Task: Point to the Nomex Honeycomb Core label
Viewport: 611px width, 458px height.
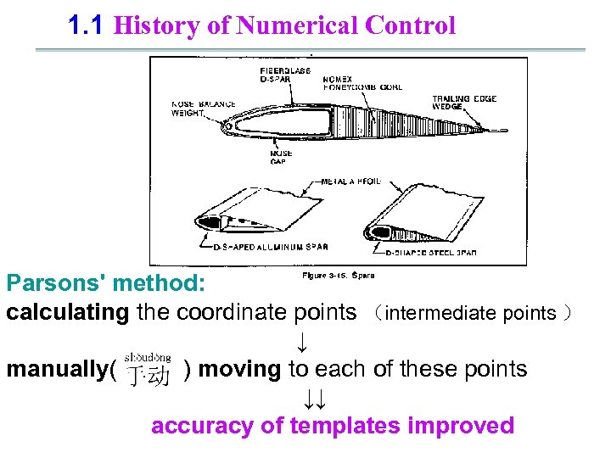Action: point(362,83)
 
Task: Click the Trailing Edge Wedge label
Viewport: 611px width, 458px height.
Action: point(465,103)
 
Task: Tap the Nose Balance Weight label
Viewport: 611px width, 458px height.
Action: point(204,108)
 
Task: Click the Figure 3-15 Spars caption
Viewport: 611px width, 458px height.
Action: point(339,275)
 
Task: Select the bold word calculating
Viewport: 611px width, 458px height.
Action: point(68,312)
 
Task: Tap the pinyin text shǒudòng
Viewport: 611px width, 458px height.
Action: point(148,358)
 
